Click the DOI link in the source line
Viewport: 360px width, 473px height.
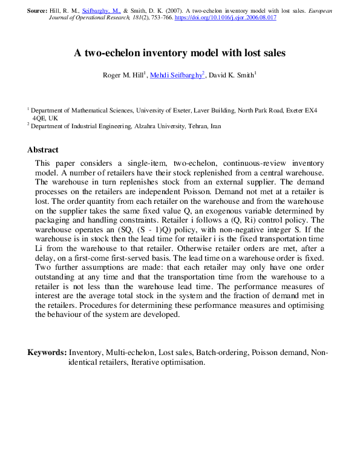tap(226, 18)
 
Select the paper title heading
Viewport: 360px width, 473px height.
tap(180, 53)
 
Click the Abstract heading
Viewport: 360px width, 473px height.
tap(43, 150)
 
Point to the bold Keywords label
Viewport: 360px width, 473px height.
tap(47, 352)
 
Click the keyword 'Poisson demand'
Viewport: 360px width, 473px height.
tap(280, 352)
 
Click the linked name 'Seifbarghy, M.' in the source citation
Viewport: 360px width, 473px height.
tap(103, 11)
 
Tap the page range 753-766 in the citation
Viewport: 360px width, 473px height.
tap(159, 18)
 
